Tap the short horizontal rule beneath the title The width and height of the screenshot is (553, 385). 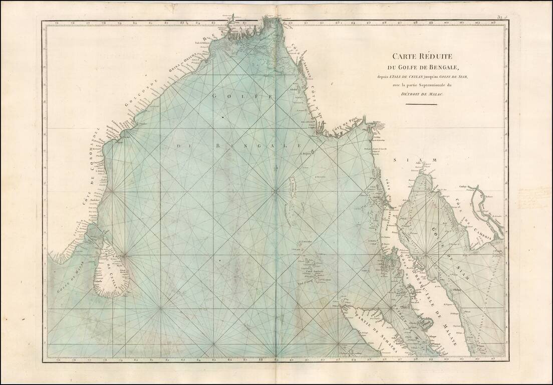(421, 104)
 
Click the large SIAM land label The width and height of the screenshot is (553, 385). (411, 160)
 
